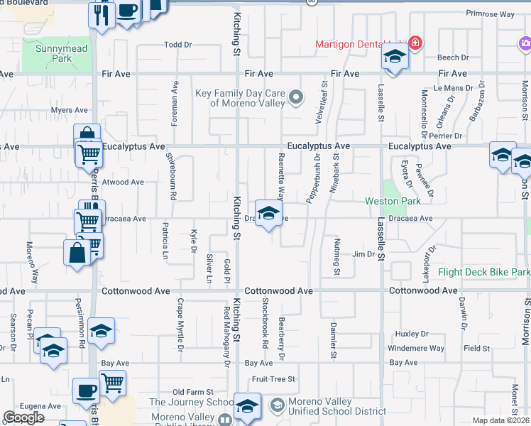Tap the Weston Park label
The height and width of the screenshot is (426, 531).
[x=392, y=202]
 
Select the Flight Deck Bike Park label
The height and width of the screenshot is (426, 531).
[x=483, y=272]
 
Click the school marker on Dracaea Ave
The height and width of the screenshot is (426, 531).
[x=268, y=214]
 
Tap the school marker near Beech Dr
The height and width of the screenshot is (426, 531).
[x=394, y=57]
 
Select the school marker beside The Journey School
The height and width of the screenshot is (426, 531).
[x=247, y=407]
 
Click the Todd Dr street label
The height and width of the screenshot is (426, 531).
[x=178, y=45]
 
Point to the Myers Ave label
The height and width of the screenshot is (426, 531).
[x=69, y=110]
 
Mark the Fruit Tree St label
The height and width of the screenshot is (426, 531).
[x=273, y=380]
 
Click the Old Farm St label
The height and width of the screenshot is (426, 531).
[x=193, y=392]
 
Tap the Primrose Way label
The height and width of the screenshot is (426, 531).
[x=490, y=13]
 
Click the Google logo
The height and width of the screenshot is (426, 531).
[x=23, y=417]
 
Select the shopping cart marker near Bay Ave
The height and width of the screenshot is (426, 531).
[x=112, y=383]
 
